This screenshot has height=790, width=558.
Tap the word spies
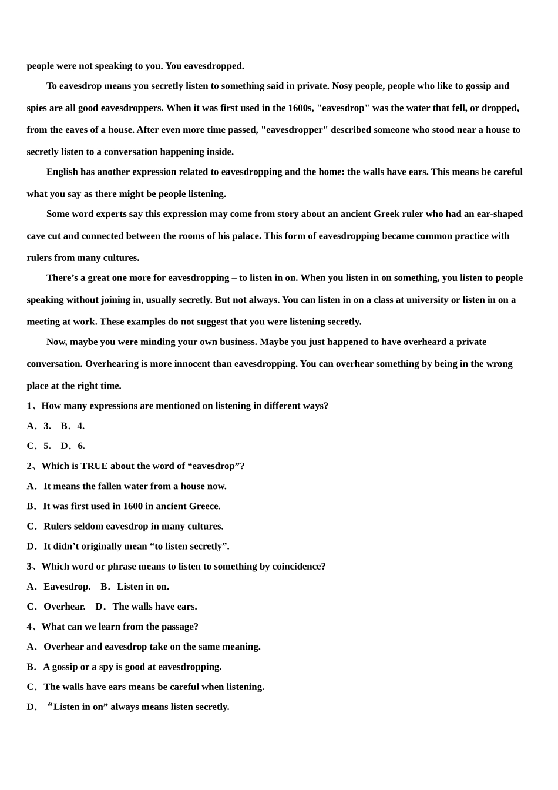pos(38,108)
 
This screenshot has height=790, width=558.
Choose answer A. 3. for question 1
pos(39,426)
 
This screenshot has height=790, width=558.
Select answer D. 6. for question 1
pos(73,446)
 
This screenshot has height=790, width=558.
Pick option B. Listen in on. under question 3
pos(135,586)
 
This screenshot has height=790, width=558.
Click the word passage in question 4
pos(180,627)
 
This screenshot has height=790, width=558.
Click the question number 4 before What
pos(30,627)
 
